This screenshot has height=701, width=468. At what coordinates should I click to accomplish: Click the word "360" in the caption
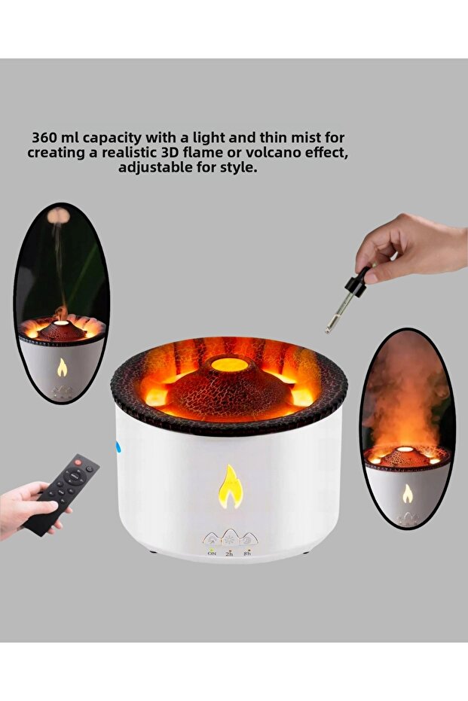[x=46, y=138]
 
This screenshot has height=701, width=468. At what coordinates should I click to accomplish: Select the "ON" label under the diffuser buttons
[x=212, y=553]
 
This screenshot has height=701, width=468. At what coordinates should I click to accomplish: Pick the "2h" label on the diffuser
[x=229, y=553]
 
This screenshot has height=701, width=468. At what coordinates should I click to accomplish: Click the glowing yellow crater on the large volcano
[x=230, y=364]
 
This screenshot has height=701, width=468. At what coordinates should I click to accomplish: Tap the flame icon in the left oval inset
[x=62, y=367]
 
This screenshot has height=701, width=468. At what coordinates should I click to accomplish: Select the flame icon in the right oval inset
[x=407, y=493]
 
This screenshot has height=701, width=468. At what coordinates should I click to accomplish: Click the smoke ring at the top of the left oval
[x=58, y=216]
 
